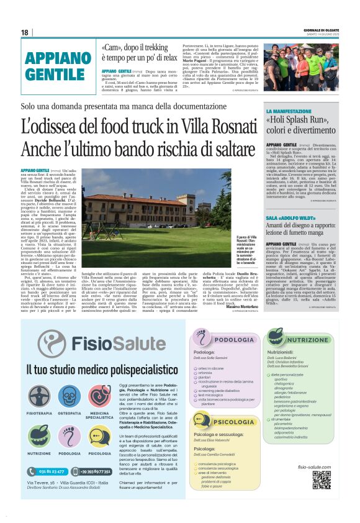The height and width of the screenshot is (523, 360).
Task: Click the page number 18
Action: [25, 32]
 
